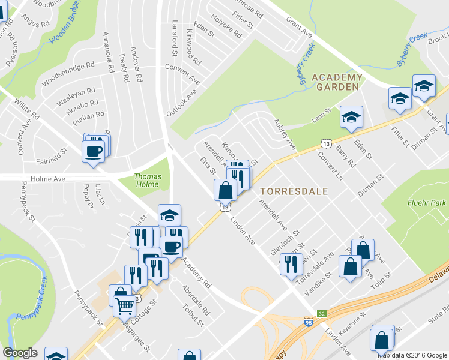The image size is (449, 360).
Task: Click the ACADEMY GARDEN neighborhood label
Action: (x=337, y=82)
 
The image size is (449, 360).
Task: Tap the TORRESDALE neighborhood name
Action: (x=294, y=191)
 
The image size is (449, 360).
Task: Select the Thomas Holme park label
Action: (x=148, y=181)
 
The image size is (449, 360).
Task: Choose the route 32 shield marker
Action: (x=322, y=313)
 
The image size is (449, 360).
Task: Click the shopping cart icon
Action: (x=125, y=305)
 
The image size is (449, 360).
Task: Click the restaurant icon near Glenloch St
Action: (x=291, y=263)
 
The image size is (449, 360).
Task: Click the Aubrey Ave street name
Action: (x=285, y=134)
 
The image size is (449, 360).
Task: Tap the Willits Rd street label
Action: (x=27, y=109)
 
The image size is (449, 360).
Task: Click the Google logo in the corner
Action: (x=20, y=353)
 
